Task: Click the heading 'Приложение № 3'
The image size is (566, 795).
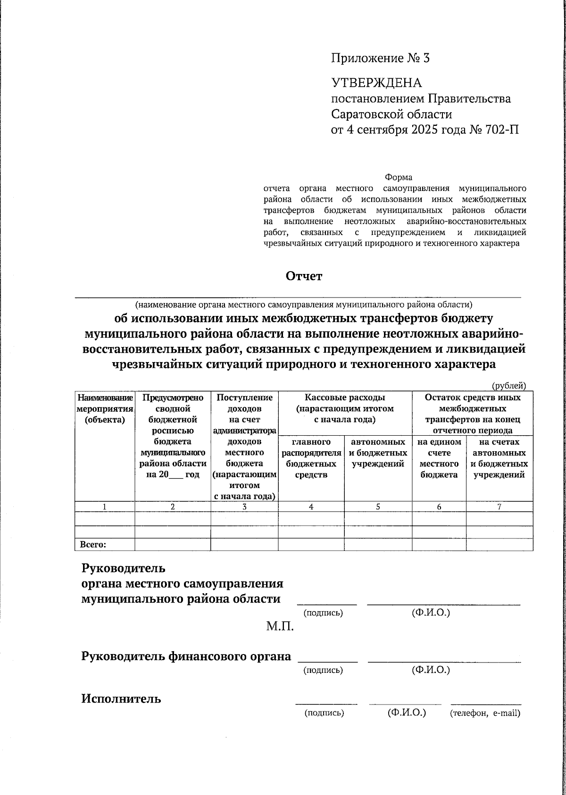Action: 380,58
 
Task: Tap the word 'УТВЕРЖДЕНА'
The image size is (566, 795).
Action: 377,83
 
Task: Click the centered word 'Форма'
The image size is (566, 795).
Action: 399,178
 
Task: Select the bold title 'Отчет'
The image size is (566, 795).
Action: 304,276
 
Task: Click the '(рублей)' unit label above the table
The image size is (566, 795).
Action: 509,386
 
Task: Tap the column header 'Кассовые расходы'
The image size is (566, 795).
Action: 345,397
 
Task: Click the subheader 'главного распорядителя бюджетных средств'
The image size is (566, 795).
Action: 311,458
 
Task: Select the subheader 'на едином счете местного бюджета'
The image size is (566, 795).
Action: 439,458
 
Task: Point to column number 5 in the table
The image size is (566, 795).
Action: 378,507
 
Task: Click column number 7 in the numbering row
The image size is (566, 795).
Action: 499,507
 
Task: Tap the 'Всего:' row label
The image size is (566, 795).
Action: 93,545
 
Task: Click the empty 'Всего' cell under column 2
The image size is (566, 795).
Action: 173,545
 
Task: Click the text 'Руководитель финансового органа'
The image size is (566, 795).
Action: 186,656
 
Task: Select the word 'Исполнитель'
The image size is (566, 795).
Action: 121,699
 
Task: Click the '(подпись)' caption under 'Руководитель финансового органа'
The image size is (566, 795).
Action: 323,670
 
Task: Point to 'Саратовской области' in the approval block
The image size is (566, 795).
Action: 391,114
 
